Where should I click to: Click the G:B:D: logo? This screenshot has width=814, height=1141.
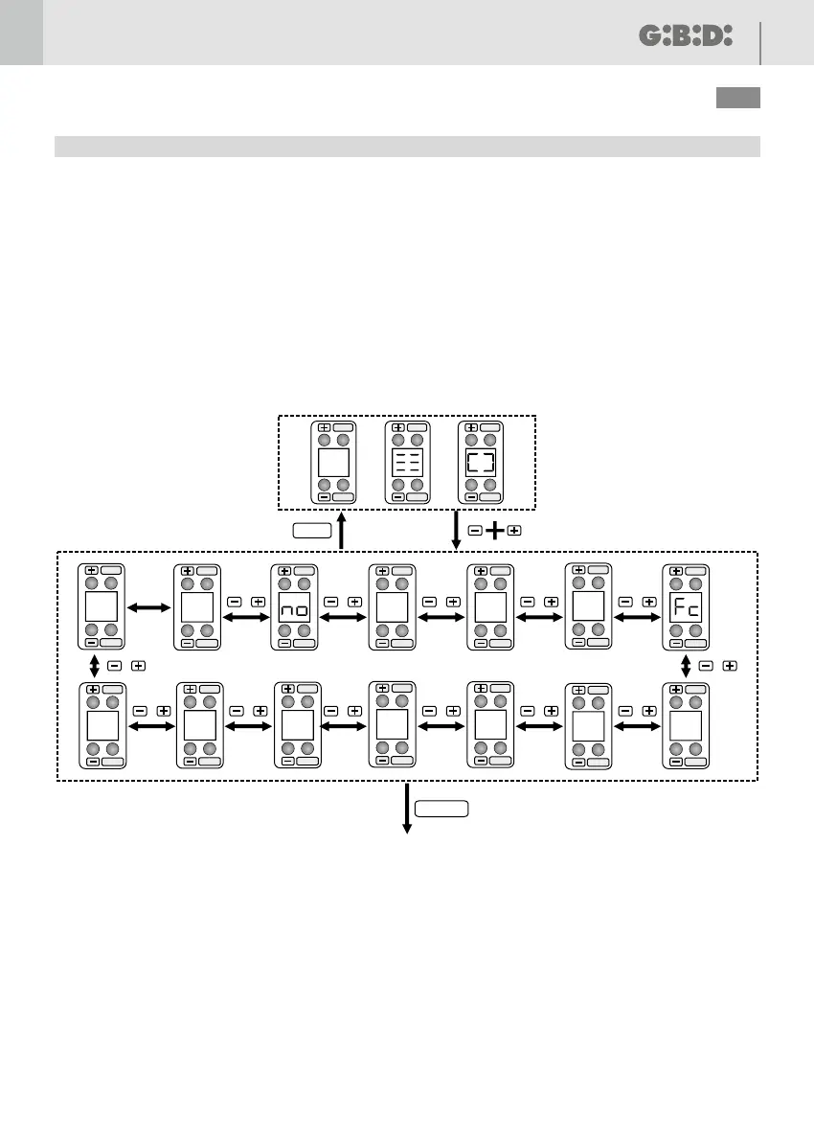[x=685, y=36]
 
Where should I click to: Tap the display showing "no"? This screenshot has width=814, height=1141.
[x=295, y=608]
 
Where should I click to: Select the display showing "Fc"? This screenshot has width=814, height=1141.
[x=686, y=608]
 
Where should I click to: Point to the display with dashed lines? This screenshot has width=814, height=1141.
[x=406, y=463]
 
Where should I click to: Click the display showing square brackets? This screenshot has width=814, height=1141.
[x=480, y=463]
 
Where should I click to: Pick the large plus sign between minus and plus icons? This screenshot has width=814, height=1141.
[x=495, y=530]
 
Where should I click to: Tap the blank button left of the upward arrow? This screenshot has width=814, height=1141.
[x=314, y=530]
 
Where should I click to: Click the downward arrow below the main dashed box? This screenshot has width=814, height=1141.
[x=408, y=809]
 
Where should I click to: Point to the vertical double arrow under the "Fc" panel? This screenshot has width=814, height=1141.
[x=686, y=665]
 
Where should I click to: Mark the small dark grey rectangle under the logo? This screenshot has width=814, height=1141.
[x=737, y=98]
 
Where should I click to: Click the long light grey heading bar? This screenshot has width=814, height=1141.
[x=407, y=146]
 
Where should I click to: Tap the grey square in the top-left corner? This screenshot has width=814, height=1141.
[x=21, y=33]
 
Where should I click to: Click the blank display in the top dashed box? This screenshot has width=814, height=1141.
[x=332, y=463]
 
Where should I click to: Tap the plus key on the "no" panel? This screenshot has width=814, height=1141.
[x=284, y=571]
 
